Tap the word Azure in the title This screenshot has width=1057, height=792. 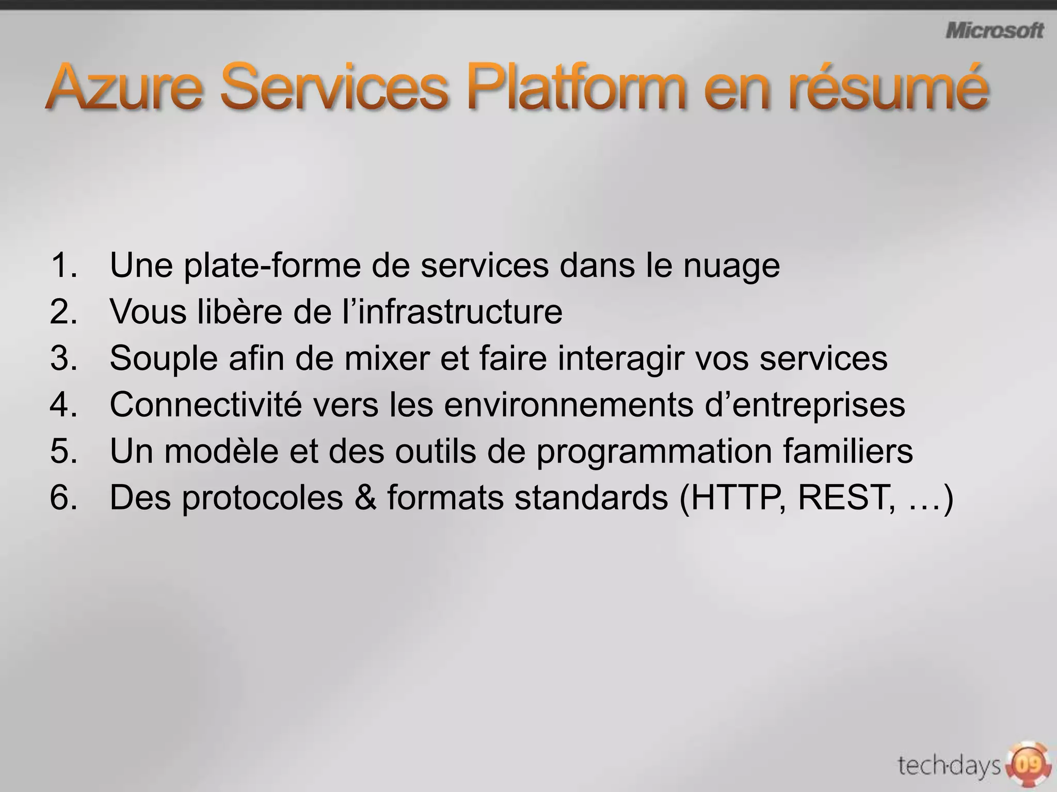[124, 86]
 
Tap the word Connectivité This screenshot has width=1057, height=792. [205, 405]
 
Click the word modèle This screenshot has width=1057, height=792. [221, 451]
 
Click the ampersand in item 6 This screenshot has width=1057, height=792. [365, 498]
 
